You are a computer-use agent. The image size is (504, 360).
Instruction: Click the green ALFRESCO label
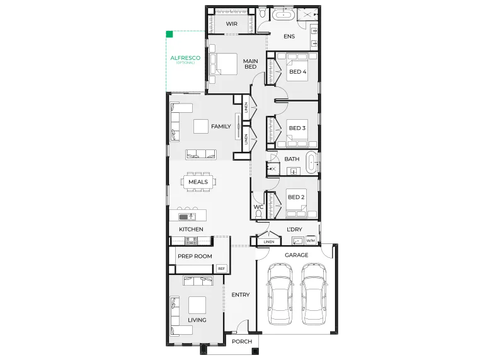[185, 58]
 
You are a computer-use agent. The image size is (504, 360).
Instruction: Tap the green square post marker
[169, 34]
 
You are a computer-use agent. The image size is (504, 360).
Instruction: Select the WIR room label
[231, 24]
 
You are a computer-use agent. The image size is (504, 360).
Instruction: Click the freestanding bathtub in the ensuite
[283, 15]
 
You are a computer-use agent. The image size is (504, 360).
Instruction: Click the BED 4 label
[297, 72]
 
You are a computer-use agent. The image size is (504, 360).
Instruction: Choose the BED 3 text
[297, 128]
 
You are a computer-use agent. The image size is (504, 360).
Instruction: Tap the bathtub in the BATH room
[312, 163]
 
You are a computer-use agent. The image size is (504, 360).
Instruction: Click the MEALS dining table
[198, 182]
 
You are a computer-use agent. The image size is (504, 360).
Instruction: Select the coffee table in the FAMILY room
[201, 127]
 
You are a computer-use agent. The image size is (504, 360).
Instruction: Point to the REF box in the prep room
[222, 269]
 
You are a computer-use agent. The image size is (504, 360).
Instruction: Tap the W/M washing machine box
[311, 240]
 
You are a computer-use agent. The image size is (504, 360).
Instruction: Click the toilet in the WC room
[258, 214]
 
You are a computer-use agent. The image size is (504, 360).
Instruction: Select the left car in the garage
[280, 294]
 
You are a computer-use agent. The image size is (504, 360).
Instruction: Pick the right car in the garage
[314, 294]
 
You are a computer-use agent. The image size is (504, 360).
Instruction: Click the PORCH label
[242, 341]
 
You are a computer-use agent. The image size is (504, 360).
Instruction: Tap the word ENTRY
[241, 294]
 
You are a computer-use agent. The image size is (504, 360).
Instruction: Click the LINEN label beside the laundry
[269, 241]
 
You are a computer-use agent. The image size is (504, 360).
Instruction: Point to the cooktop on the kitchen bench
[191, 240]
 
